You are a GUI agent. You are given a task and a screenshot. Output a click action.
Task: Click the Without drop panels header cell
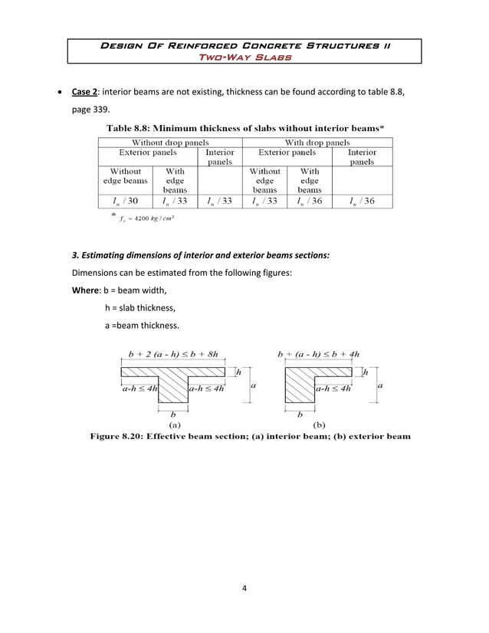(x=170, y=143)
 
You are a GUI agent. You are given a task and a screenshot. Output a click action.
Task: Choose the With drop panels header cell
(x=317, y=143)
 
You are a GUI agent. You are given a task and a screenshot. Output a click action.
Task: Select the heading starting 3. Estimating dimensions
(x=200, y=255)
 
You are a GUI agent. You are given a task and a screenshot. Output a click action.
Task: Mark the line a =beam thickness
(x=142, y=326)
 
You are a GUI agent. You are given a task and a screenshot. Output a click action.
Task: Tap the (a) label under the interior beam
(x=174, y=424)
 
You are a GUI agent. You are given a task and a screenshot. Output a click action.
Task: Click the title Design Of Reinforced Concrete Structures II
(x=244, y=46)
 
